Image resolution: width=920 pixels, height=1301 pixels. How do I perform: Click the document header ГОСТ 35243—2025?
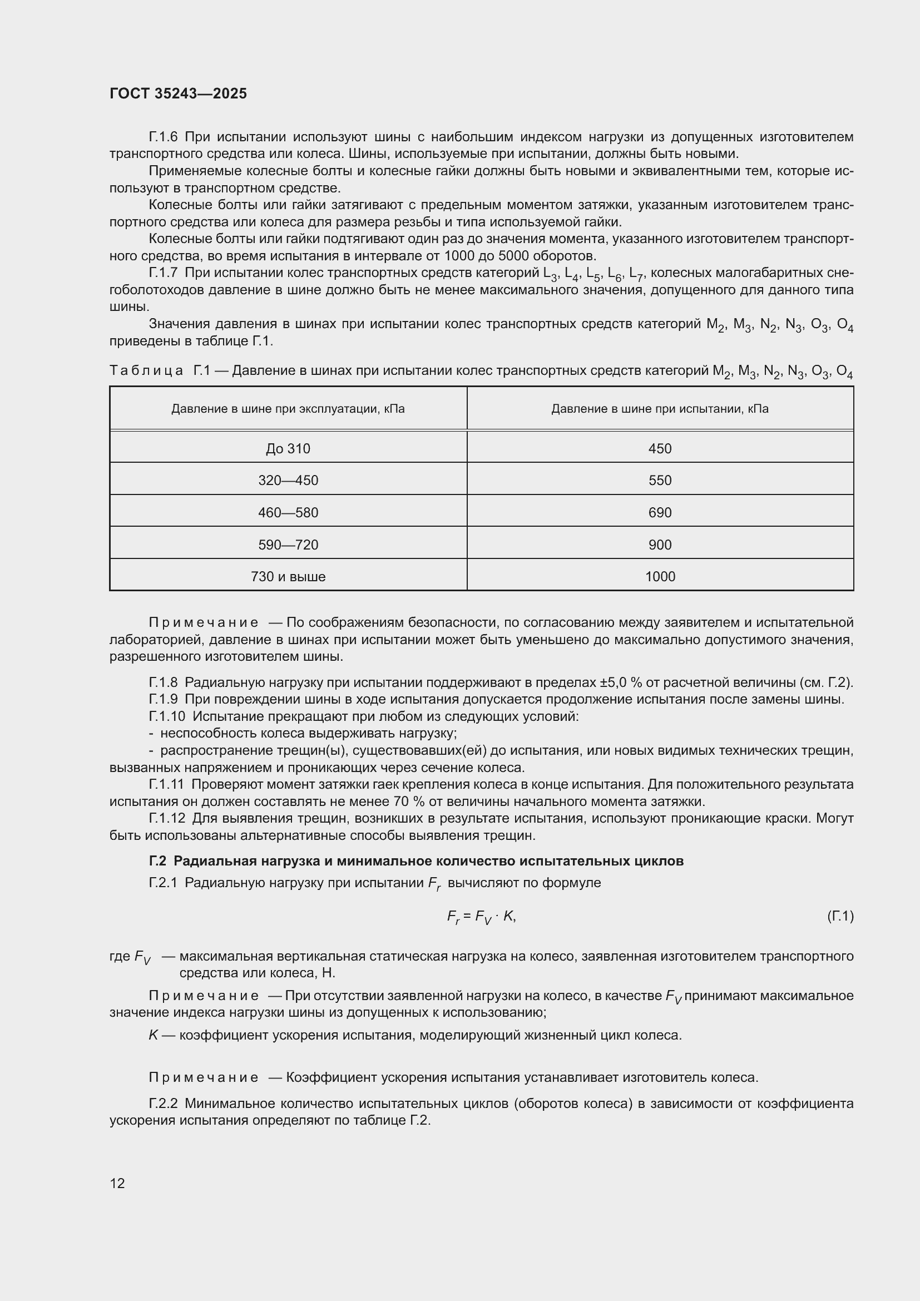point(179,93)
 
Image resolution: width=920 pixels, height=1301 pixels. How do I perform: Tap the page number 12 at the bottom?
point(117,1183)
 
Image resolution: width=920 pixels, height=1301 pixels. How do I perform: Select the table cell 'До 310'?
point(288,449)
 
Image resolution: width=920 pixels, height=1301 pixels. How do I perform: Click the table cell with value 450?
point(660,449)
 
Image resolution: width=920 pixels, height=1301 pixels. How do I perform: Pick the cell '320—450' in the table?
point(288,481)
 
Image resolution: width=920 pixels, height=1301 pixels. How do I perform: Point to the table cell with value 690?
point(660,513)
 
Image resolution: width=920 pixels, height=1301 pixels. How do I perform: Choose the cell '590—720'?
point(288,545)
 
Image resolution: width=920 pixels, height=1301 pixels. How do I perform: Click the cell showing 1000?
point(660,577)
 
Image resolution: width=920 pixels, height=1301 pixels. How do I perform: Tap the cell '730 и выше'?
point(288,577)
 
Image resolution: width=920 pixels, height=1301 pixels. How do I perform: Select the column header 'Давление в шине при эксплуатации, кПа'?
point(288,409)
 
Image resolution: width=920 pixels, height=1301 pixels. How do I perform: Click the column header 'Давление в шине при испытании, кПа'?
point(660,409)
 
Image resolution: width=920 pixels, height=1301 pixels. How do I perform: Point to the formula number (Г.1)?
point(839,916)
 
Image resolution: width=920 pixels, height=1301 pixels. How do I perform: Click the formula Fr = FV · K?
point(481,917)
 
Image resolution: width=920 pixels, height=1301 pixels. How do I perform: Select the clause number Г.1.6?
point(163,137)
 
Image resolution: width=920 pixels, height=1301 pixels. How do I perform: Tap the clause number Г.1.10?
point(166,716)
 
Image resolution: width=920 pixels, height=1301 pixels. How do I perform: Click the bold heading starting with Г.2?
point(417,861)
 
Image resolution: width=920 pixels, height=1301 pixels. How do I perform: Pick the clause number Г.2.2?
point(163,1104)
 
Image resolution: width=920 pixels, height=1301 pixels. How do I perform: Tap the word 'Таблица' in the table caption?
point(146,371)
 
